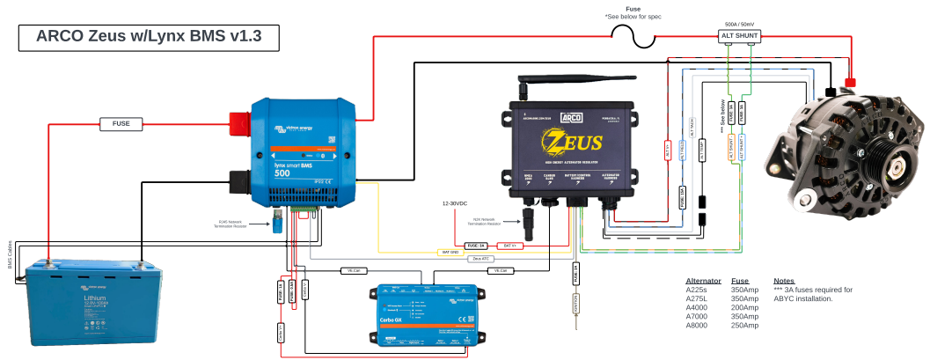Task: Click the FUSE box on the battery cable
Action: point(121,124)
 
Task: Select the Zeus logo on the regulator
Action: point(572,141)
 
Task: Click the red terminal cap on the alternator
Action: point(851,84)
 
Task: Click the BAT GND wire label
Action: point(450,252)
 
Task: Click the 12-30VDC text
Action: point(458,203)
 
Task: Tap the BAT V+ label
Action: point(510,245)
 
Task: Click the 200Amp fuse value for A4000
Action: point(744,307)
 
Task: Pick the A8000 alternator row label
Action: point(698,325)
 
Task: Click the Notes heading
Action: point(783,280)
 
